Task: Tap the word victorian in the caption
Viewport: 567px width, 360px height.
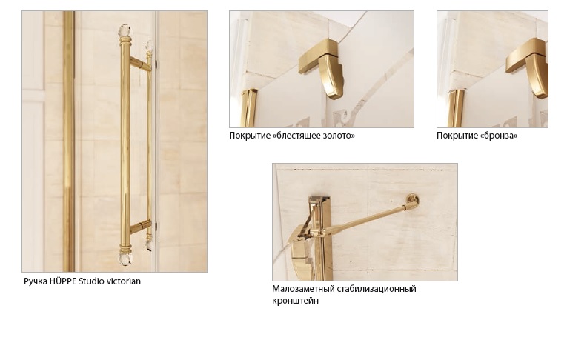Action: click(x=122, y=281)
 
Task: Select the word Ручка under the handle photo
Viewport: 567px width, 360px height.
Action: click(x=36, y=281)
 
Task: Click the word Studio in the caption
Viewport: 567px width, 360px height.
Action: click(x=90, y=281)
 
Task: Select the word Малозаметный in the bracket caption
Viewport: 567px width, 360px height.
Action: click(x=303, y=289)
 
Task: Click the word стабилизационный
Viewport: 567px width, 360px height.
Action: click(x=377, y=289)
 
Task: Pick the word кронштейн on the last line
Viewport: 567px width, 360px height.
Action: click(x=296, y=301)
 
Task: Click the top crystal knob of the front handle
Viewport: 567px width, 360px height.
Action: click(x=125, y=31)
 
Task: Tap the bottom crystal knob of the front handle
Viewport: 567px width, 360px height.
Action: click(x=125, y=259)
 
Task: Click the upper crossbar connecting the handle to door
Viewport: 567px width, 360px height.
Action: click(x=141, y=64)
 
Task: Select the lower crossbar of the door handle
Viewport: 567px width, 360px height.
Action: click(x=141, y=227)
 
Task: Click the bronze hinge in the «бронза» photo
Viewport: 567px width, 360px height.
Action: click(x=528, y=68)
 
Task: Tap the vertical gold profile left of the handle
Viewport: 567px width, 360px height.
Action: click(x=69, y=141)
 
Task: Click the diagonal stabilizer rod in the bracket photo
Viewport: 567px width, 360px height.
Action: click(x=365, y=219)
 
